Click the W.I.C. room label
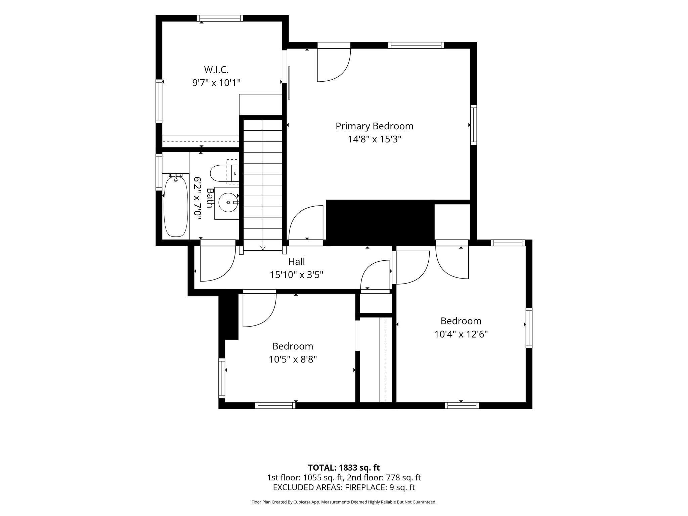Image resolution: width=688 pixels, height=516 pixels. [216, 70]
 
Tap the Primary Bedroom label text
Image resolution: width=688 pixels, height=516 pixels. [375, 126]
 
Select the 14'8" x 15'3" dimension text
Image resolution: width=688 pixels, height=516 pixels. [375, 139]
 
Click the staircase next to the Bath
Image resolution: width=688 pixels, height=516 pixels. [263, 185]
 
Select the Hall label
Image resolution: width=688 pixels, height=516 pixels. [297, 261]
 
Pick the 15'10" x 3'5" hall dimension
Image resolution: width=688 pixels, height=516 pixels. [297, 275]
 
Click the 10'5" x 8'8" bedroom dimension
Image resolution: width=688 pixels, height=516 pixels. [293, 359]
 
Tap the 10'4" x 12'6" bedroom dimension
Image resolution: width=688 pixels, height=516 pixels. [461, 334]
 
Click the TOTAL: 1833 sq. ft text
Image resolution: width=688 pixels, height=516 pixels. [344, 468]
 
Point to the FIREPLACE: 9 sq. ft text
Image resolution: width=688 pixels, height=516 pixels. [380, 487]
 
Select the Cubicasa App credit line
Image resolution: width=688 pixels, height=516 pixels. [344, 502]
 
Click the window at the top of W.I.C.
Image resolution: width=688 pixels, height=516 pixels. [220, 18]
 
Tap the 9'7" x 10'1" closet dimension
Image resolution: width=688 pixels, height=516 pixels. [216, 83]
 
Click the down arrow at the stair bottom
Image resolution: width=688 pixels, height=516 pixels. [263, 248]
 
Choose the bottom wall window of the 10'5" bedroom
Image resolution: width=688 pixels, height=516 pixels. [275, 405]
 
